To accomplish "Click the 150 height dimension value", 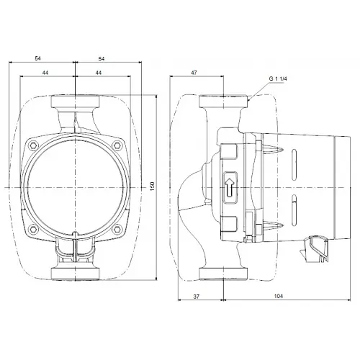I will click(153, 186).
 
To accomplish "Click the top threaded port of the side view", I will click(225, 101).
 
